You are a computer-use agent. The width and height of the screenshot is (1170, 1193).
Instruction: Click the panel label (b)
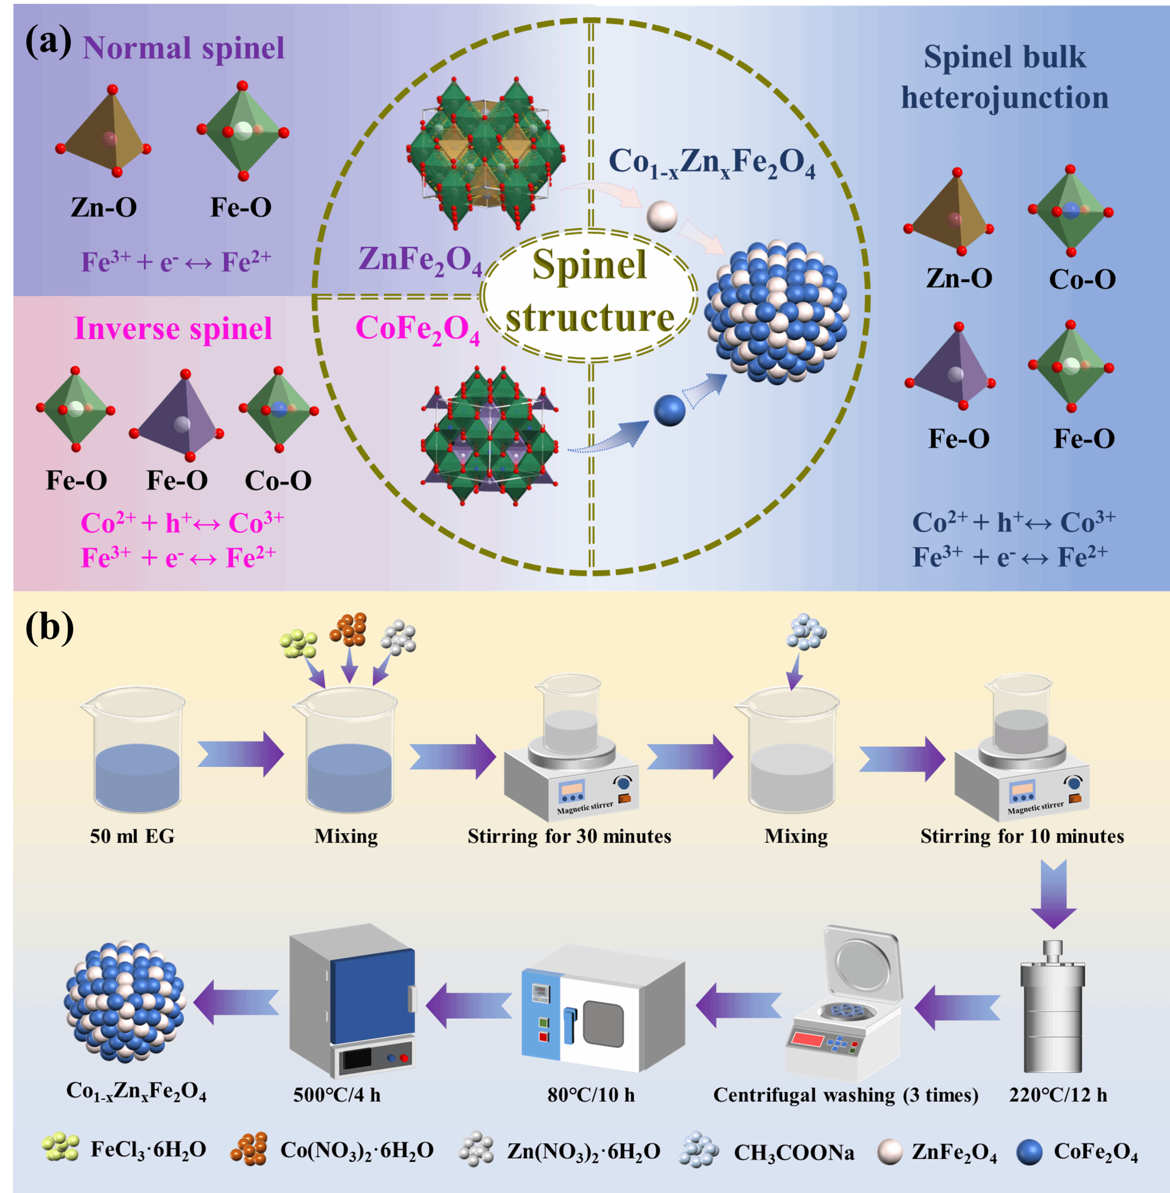[49, 627]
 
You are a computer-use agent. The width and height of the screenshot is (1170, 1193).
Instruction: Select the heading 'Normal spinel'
[183, 48]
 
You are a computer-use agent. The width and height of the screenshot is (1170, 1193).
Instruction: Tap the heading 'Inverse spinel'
[173, 328]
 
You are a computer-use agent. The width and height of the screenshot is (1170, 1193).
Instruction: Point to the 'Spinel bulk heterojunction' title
[1005, 77]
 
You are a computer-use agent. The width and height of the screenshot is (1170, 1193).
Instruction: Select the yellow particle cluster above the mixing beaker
[298, 643]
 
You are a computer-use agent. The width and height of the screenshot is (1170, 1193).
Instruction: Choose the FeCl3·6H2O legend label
[148, 1150]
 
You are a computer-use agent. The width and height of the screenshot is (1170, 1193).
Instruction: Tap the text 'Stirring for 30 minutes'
[569, 836]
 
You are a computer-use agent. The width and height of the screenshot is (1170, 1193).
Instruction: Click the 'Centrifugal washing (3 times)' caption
[845, 1095]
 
